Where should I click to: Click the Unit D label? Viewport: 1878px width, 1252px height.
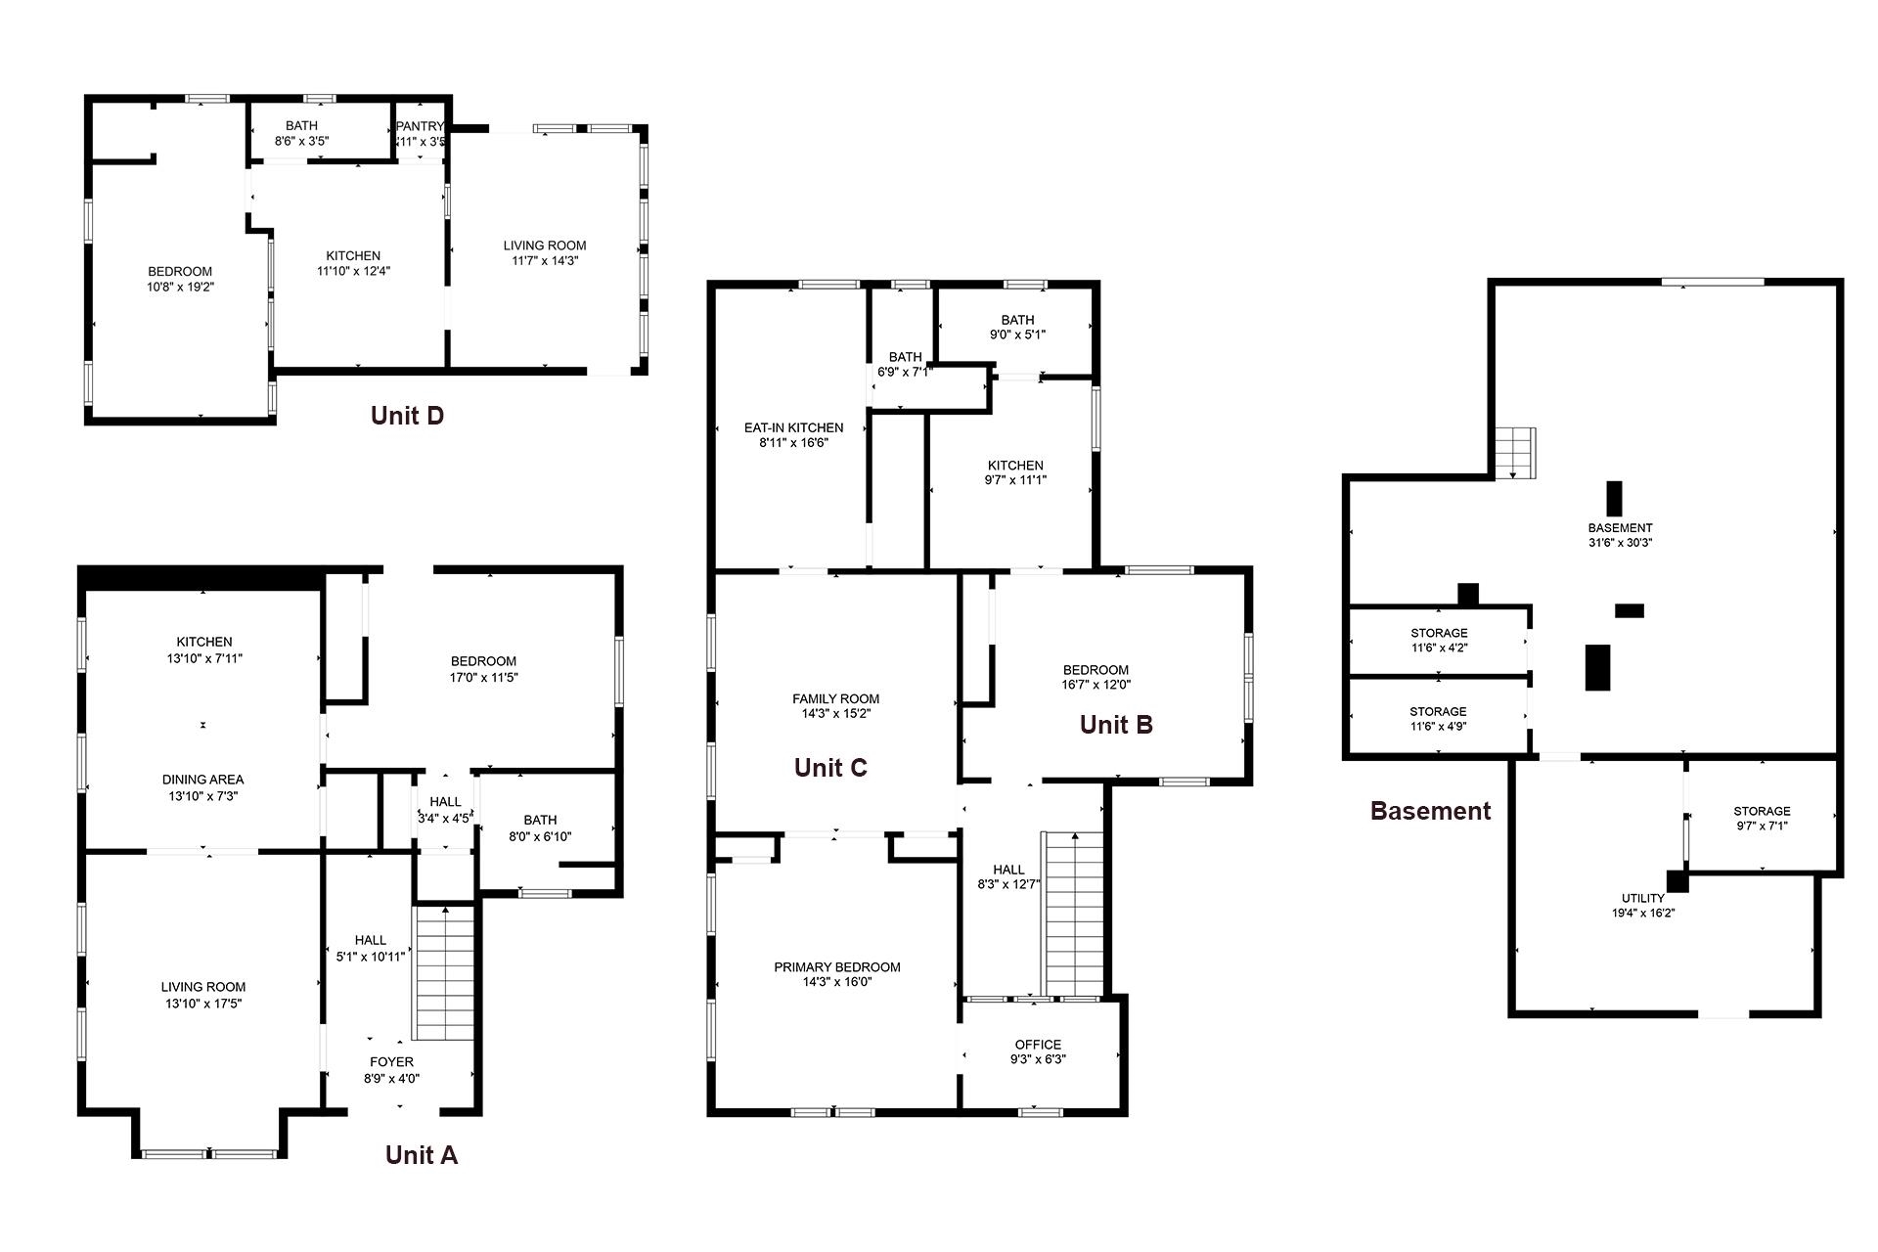pyautogui.click(x=407, y=416)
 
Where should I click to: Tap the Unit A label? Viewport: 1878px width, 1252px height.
pyautogui.click(x=422, y=1155)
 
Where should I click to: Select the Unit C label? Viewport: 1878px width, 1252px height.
pyautogui.click(x=830, y=768)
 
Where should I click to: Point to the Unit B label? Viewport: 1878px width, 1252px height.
pyautogui.click(x=1116, y=725)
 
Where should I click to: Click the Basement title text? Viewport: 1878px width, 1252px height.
pyautogui.click(x=1430, y=811)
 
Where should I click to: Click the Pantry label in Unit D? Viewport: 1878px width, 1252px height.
pyautogui.click(x=421, y=126)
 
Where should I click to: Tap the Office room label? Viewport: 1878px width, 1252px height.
pyautogui.click(x=1038, y=1045)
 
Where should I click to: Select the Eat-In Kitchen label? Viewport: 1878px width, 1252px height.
pyautogui.click(x=793, y=427)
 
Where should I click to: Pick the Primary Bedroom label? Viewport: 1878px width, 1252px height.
pyautogui.click(x=837, y=967)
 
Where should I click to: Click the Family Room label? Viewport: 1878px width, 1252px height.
pyautogui.click(x=835, y=698)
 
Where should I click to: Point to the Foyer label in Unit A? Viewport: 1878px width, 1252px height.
pyautogui.click(x=391, y=1061)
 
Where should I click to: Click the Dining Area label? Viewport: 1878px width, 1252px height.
pyautogui.click(x=202, y=780)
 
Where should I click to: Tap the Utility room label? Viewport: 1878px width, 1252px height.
pyautogui.click(x=1643, y=898)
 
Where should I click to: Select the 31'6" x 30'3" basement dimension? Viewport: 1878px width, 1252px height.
pyautogui.click(x=1621, y=543)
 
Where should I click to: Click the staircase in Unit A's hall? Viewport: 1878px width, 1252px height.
pyautogui.click(x=445, y=973)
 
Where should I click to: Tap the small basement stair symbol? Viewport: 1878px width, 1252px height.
pyautogui.click(x=1515, y=453)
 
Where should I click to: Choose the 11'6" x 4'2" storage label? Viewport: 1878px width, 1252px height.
pyautogui.click(x=1439, y=641)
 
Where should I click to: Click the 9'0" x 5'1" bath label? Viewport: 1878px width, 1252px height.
pyautogui.click(x=1017, y=327)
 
